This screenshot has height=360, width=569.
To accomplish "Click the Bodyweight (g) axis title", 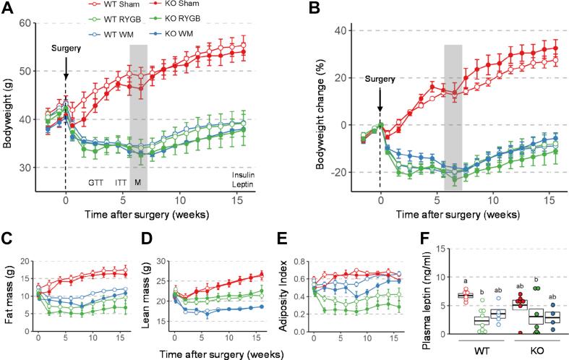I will [x=9, y=106].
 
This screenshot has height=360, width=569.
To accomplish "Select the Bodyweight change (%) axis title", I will [x=316, y=106].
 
